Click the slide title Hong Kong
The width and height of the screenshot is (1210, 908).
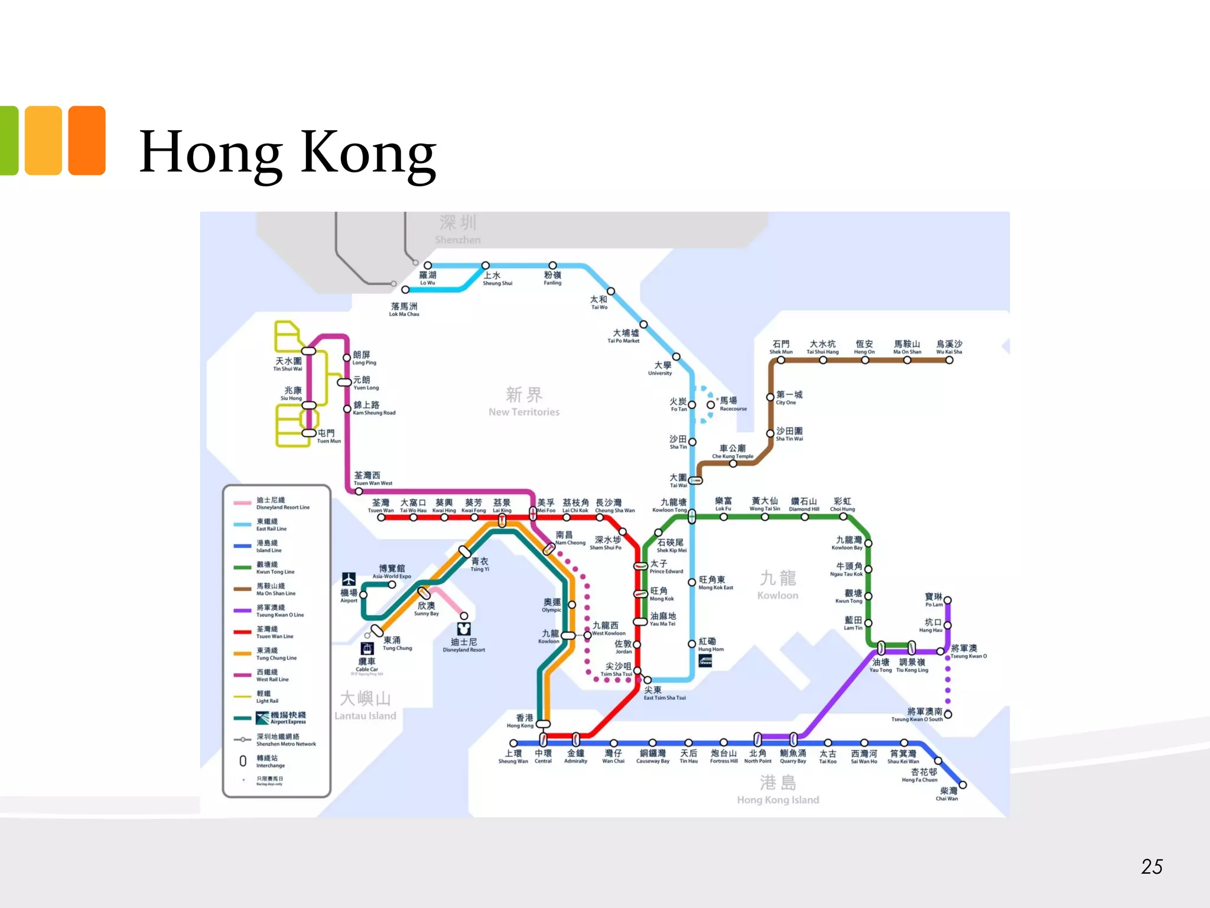(x=288, y=153)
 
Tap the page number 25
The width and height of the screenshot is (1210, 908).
(x=1152, y=867)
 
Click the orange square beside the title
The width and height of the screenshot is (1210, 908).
(x=87, y=140)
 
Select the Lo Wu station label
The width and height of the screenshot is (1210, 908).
(x=428, y=278)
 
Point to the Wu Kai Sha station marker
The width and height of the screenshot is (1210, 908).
(x=949, y=360)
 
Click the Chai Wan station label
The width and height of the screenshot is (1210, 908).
(x=948, y=794)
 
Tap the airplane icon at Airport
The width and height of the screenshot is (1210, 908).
(x=349, y=579)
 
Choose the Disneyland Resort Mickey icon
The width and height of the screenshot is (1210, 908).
(x=464, y=629)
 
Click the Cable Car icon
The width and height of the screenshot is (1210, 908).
(x=367, y=648)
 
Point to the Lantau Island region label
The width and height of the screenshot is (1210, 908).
(x=365, y=706)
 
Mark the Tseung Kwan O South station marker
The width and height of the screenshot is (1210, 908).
(x=948, y=714)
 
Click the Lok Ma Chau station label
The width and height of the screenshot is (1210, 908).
(x=404, y=309)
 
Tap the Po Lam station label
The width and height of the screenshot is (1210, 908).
(x=933, y=600)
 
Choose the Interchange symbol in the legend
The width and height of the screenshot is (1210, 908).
(x=243, y=761)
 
